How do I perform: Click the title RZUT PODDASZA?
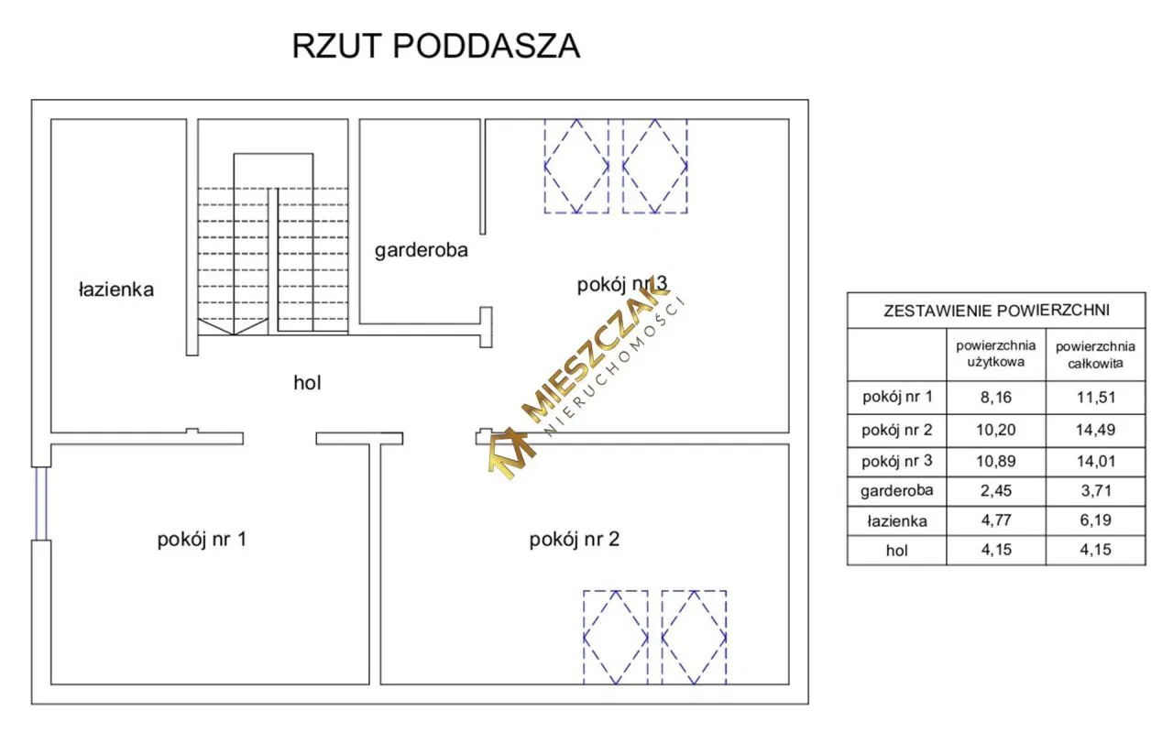pos(435,46)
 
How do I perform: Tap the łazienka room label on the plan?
pos(115,290)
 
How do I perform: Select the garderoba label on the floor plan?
pos(422,250)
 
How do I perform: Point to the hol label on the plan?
pos(307,383)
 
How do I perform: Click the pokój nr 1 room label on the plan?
pos(202,540)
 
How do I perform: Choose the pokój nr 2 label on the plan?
pos(575,540)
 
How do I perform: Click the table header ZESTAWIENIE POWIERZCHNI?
pos(996,311)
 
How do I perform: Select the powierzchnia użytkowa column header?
pos(995,354)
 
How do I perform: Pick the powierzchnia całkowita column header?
pos(1095,354)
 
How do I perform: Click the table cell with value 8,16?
pos(995,398)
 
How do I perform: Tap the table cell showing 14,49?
pos(1095,429)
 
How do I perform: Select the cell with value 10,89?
pos(995,460)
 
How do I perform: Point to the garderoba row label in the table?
pos(896,490)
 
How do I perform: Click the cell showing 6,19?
pos(1095,521)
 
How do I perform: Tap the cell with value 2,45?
pos(995,490)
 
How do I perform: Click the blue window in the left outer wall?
pos(40,504)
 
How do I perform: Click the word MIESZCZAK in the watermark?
pos(596,357)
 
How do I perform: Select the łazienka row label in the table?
pos(896,521)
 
